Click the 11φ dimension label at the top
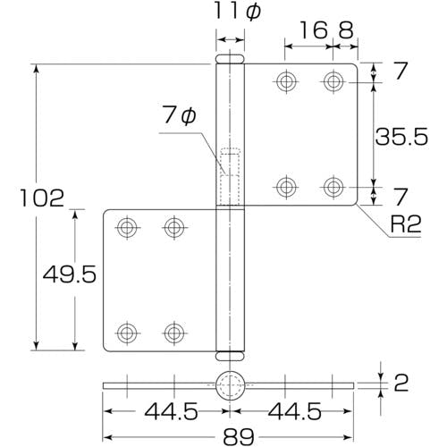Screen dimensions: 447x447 (237, 12)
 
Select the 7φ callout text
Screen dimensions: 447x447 (180, 115)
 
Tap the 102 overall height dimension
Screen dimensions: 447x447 (42, 198)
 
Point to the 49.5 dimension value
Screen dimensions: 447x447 (70, 274)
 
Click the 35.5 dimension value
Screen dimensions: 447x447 (401, 137)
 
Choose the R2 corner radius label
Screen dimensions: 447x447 (406, 224)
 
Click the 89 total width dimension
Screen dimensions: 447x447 (239, 437)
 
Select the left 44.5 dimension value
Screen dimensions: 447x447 (171, 411)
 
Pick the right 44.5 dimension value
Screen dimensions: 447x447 (295, 411)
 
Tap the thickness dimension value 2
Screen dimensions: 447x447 (401, 383)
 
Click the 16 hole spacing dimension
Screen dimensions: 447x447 (313, 30)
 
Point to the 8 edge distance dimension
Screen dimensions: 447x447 (346, 30)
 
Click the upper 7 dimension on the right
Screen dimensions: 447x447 (401, 71)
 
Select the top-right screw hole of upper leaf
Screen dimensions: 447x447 (333, 81)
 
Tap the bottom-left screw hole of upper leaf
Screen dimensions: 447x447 (286, 187)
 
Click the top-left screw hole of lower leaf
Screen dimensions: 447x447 (127, 228)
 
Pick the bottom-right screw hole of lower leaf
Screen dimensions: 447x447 (174, 333)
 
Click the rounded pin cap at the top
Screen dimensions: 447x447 (230, 59)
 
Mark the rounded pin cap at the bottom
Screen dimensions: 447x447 (230, 356)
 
